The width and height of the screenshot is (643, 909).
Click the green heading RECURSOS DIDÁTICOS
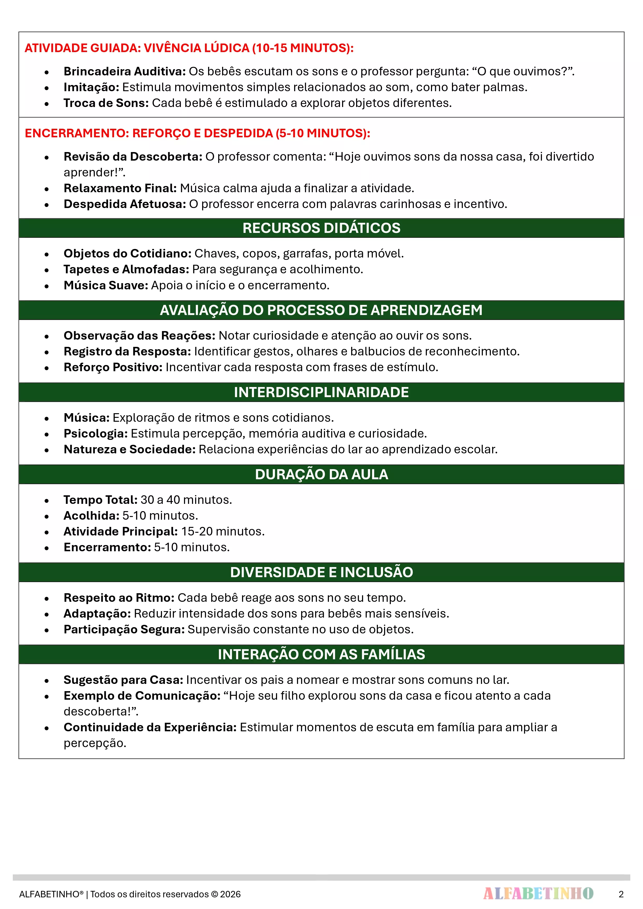point(321,228)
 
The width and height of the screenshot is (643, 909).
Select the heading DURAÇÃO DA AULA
point(321,474)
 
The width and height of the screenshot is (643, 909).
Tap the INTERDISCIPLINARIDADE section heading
point(321,392)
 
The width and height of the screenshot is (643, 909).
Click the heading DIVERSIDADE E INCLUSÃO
point(321,572)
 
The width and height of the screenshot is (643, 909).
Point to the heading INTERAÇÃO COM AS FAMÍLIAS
point(321,654)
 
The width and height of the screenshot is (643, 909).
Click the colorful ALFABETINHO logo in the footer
point(538,893)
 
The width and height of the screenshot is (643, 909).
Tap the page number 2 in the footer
point(621,894)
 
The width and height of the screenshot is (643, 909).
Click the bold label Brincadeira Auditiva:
point(124,71)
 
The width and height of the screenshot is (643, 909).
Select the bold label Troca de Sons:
point(106,103)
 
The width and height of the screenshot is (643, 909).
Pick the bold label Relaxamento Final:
point(120,188)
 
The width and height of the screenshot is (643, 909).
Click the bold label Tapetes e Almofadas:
point(126,269)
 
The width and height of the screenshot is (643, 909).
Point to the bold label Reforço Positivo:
point(113,367)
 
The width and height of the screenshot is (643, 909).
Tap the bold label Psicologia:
point(95,433)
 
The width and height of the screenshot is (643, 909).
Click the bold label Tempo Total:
point(100,500)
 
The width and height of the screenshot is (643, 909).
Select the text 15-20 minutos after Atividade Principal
point(223,531)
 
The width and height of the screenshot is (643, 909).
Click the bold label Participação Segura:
point(124,629)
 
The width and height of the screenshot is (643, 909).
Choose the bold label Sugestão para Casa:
point(123,680)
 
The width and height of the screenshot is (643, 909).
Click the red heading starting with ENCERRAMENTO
point(197,133)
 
